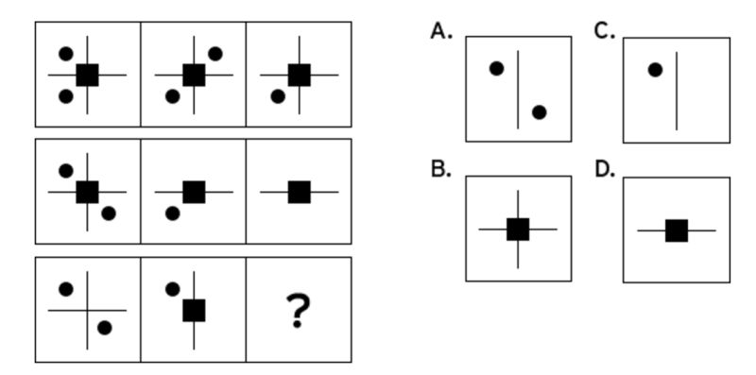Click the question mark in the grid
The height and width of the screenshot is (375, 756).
299,311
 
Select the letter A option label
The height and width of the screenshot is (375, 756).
440,31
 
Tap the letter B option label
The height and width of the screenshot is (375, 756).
439,170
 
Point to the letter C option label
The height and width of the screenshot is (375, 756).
604,31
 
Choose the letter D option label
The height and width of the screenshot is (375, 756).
605,170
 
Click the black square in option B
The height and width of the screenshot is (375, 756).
518,229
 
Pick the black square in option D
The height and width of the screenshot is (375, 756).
676,230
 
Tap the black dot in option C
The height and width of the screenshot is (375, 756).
655,69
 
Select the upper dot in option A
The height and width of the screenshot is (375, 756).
496,68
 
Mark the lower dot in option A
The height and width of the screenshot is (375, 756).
539,112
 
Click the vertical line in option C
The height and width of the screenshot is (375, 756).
677,90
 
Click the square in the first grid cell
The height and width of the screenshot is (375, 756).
88,75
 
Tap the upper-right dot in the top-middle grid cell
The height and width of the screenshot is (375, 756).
215,54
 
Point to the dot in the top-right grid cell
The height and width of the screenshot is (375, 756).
277,95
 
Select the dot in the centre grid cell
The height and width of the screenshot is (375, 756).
172,213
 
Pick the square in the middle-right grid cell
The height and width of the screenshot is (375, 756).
300,192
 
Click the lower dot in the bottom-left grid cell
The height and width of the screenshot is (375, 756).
105,328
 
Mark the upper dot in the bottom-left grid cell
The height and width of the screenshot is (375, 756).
66,288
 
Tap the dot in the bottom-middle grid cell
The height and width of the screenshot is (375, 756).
172,289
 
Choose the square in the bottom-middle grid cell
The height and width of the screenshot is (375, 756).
194,310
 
